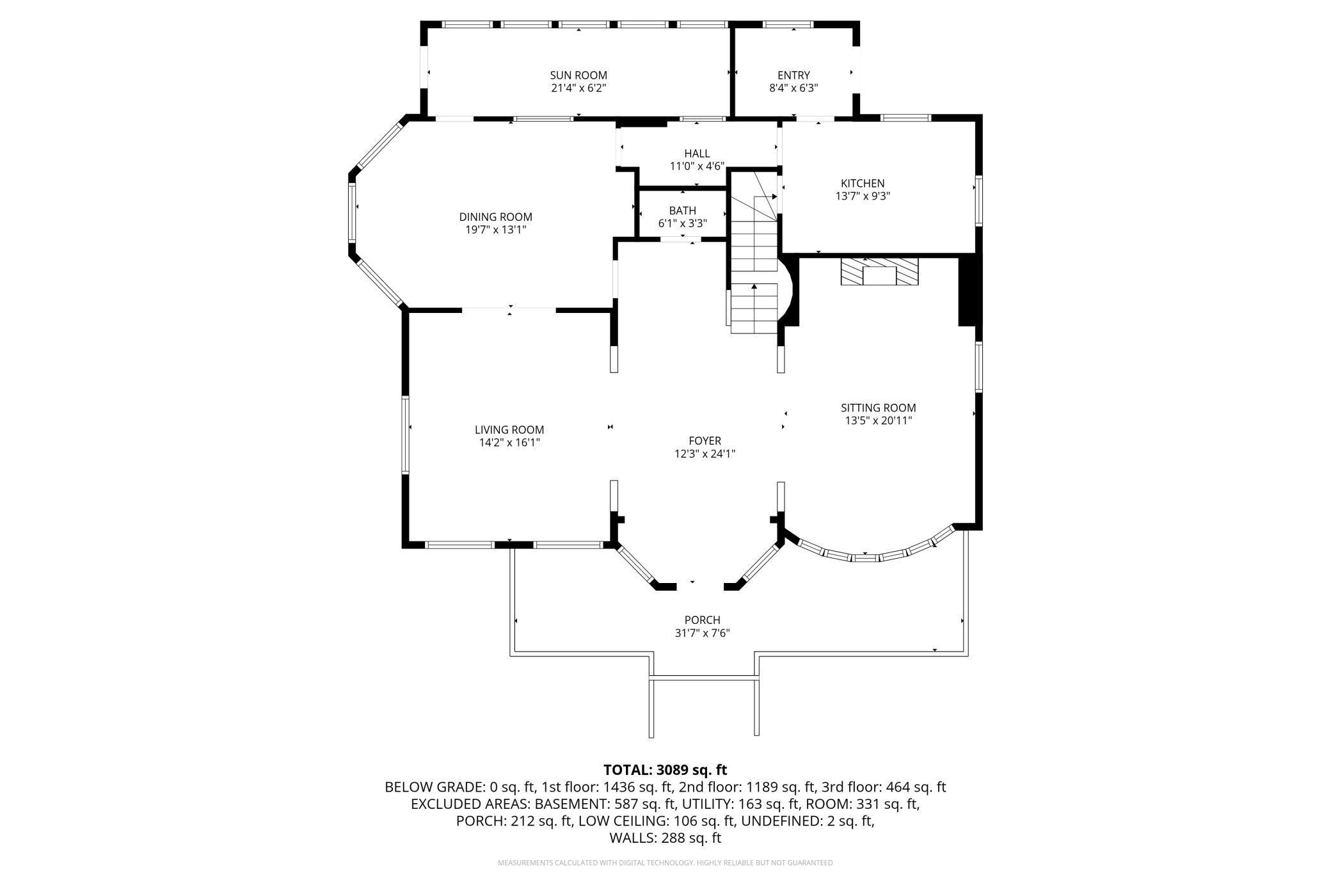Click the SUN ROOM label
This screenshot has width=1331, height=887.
point(578,76)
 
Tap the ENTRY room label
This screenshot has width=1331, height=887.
point(793,76)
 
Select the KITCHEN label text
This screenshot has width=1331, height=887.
point(863,184)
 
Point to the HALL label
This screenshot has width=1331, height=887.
point(697,154)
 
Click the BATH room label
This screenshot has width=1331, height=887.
point(683,211)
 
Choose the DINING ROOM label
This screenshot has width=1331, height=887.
point(496,217)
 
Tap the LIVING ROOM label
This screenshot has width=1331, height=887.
point(509,430)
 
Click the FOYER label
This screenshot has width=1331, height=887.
point(705,441)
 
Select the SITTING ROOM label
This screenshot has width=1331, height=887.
point(879,408)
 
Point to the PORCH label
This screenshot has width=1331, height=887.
point(703,620)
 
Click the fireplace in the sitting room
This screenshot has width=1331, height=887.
point(879,272)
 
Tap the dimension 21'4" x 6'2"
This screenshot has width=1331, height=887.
point(578,88)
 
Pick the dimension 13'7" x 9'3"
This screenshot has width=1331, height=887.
point(863,196)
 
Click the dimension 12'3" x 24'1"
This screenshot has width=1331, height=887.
point(705,454)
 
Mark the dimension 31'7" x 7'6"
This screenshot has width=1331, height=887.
point(703,633)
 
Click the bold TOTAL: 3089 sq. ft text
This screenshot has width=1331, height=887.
point(665,770)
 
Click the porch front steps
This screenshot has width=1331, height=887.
point(704,707)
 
